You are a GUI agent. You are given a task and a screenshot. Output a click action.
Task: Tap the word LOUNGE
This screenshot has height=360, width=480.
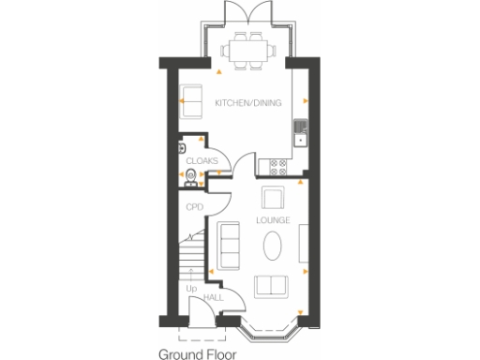click(x=272, y=220)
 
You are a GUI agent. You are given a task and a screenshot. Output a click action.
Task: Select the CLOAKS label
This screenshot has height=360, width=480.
click(x=202, y=160)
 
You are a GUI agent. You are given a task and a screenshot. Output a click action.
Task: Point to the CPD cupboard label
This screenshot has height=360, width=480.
click(x=194, y=207)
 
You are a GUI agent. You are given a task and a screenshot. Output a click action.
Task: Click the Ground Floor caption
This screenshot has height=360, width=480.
click(x=197, y=353)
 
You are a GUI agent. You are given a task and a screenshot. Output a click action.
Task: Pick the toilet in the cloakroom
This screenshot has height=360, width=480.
click(x=191, y=175)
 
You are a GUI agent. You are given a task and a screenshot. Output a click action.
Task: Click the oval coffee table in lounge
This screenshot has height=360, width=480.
click(x=272, y=247)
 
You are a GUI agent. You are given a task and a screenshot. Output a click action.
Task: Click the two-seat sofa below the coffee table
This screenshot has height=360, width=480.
click(x=272, y=286)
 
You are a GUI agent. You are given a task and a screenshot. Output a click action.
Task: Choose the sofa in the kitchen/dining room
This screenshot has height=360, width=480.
click(x=190, y=101)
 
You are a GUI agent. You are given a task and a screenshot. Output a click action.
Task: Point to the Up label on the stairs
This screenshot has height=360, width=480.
click(x=191, y=289)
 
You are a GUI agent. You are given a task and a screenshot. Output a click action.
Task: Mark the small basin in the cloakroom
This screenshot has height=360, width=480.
click(x=179, y=147)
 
